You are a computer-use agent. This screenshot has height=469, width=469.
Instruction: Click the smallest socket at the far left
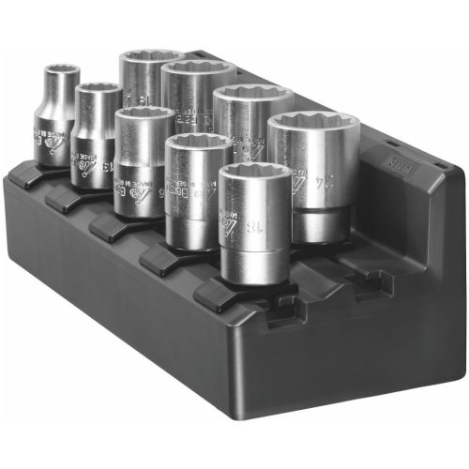click(56, 117)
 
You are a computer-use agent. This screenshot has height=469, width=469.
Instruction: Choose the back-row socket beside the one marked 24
click(251, 117)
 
